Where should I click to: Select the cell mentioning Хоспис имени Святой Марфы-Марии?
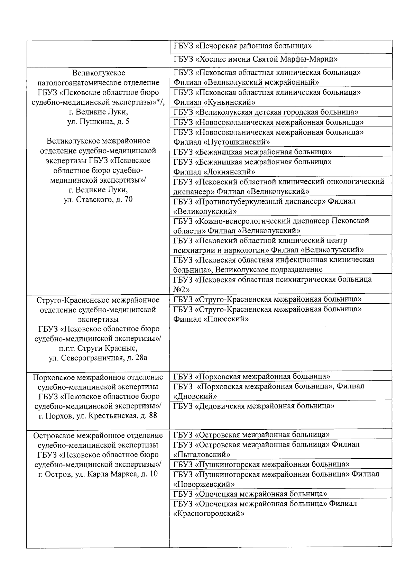click(256, 59)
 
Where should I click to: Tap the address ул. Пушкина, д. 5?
click(98, 122)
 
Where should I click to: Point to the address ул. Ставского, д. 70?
click(98, 200)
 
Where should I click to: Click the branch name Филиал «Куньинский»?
click(214, 102)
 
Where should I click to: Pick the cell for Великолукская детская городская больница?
click(266, 112)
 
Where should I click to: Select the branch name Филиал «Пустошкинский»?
click(222, 142)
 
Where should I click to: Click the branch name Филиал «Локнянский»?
click(214, 172)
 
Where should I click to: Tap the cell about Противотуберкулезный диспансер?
click(264, 206)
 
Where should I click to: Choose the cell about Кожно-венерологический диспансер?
click(271, 226)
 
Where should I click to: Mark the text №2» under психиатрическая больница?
click(181, 289)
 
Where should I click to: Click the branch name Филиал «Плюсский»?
click(211, 319)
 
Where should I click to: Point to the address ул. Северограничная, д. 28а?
click(98, 358)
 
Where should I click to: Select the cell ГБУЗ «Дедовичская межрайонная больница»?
click(253, 406)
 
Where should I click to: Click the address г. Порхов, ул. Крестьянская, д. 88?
click(98, 416)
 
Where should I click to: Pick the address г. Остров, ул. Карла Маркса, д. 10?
click(98, 474)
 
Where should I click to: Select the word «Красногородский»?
click(209, 514)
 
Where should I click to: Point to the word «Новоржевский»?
click(204, 484)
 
